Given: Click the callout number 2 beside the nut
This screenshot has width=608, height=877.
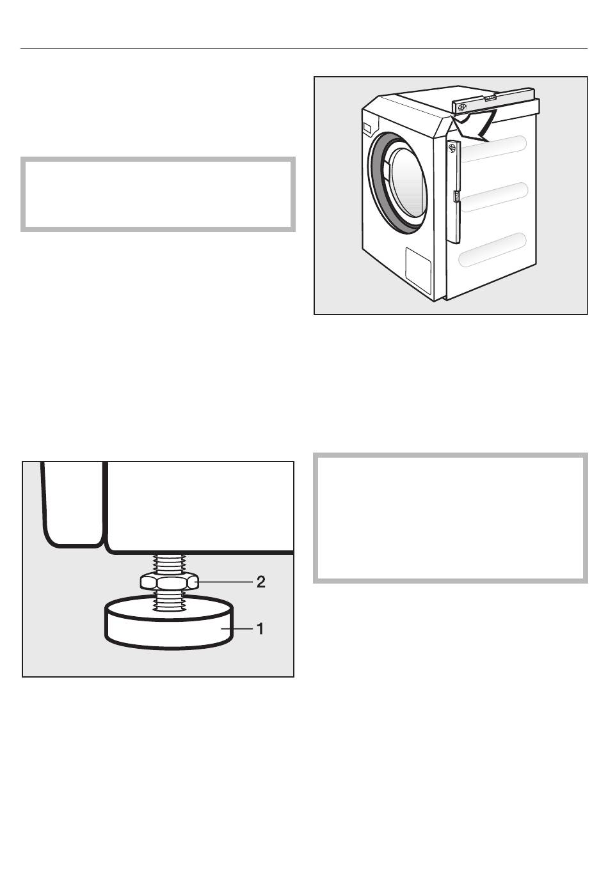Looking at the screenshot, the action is click(x=260, y=582).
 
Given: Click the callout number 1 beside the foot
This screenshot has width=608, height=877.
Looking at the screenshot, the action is click(x=260, y=629).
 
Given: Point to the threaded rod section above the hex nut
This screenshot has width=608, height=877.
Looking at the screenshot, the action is click(x=169, y=563).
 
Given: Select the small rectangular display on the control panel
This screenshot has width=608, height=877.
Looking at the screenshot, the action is click(x=367, y=128).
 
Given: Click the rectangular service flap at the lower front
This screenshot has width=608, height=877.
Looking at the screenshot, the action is click(x=419, y=270).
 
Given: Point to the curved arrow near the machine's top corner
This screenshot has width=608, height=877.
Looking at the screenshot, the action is click(x=472, y=125).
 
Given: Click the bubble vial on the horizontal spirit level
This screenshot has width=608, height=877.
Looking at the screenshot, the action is click(x=490, y=98).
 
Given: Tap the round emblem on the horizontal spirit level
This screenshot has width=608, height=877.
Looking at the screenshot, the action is click(x=462, y=107).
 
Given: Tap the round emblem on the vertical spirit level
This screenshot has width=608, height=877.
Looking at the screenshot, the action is click(x=452, y=148).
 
